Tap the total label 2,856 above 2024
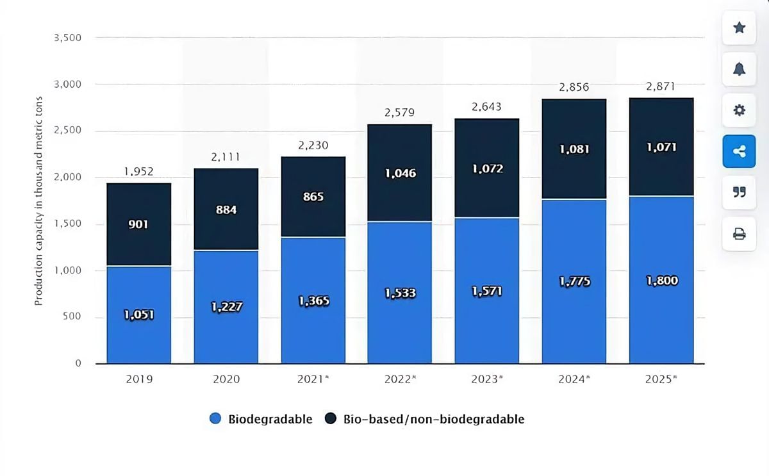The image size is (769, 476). coord(574,87)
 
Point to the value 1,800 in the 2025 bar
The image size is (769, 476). coord(661,281)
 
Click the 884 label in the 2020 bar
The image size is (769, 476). coord(226,209)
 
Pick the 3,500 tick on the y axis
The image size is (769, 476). coord(68,38)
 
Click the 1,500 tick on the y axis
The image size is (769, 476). coord(68,224)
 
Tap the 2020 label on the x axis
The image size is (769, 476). coord(226,379)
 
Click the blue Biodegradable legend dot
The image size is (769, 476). coord(215,419)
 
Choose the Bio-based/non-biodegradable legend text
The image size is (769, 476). coord(433,419)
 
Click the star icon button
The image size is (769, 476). coord(739,28)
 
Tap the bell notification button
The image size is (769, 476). coord(739,69)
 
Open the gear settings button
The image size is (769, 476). coord(739,110)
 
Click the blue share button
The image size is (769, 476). coord(739,151)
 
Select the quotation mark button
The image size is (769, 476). coord(739,192)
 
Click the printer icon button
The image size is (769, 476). coord(739,234)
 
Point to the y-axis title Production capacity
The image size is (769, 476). coord(38,201)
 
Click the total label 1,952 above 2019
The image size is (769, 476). coord(139,172)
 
